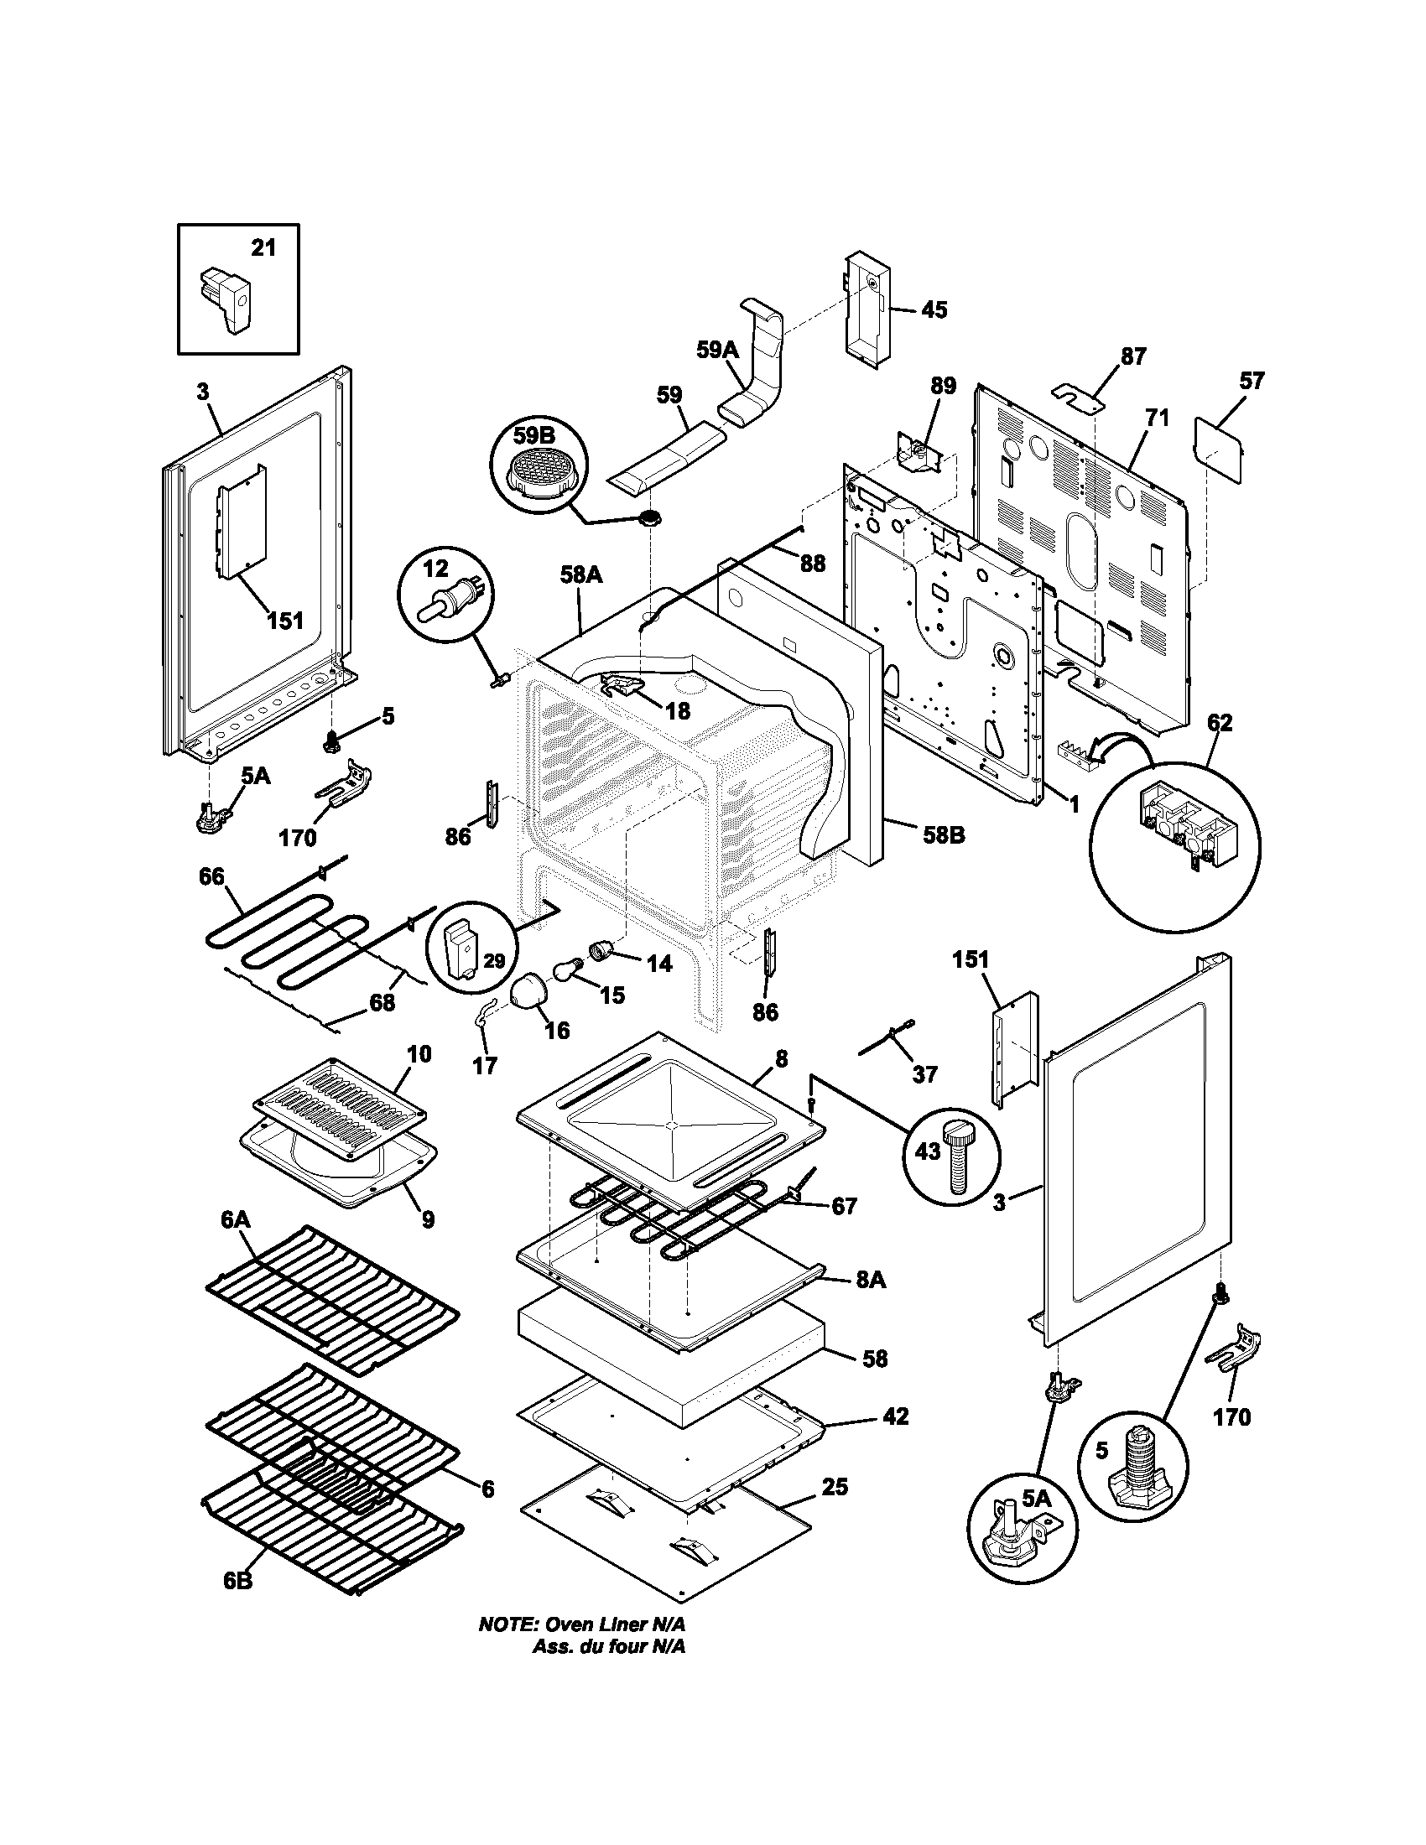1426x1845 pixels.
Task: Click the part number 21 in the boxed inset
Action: click(263, 247)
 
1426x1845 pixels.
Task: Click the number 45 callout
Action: click(933, 310)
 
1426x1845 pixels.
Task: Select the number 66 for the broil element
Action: click(211, 876)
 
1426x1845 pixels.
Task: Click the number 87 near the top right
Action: click(1133, 356)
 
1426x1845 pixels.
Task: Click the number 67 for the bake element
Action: click(844, 1205)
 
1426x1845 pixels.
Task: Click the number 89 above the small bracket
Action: click(943, 386)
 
